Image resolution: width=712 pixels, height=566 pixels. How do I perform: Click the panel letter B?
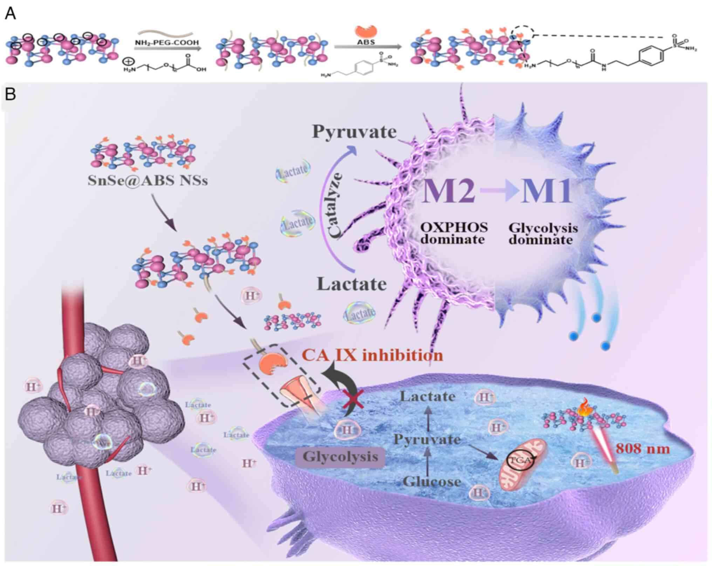10,94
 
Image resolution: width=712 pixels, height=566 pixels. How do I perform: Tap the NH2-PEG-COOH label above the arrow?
167,43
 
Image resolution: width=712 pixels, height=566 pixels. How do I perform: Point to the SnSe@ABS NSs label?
148,181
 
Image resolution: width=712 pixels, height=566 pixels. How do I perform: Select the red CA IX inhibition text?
372,356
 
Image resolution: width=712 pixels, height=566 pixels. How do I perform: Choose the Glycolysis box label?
340,457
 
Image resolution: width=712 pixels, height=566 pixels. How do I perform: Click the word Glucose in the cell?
432,482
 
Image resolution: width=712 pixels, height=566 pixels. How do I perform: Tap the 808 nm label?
643,449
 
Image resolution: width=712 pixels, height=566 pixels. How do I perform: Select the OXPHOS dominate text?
454,233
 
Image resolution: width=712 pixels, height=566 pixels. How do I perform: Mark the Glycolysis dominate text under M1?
542,234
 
